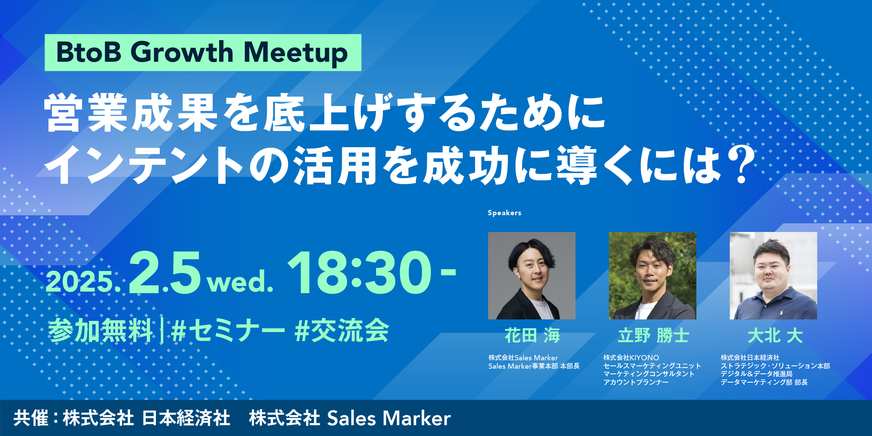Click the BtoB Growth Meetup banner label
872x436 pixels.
[203, 53]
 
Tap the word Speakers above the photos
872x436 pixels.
[504, 213]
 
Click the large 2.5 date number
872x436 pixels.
[165, 273]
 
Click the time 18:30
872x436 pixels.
[359, 273]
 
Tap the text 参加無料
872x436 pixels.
[100, 331]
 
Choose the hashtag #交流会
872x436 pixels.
[342, 331]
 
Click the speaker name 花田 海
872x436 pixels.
[532, 336]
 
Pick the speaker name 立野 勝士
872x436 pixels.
[653, 336]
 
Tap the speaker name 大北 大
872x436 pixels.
[775, 336]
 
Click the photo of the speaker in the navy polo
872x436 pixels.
[773, 276]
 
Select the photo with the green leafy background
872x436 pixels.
[653, 276]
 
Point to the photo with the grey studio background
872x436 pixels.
[532, 276]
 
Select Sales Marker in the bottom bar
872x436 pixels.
[389, 418]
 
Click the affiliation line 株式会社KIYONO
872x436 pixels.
[631, 358]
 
